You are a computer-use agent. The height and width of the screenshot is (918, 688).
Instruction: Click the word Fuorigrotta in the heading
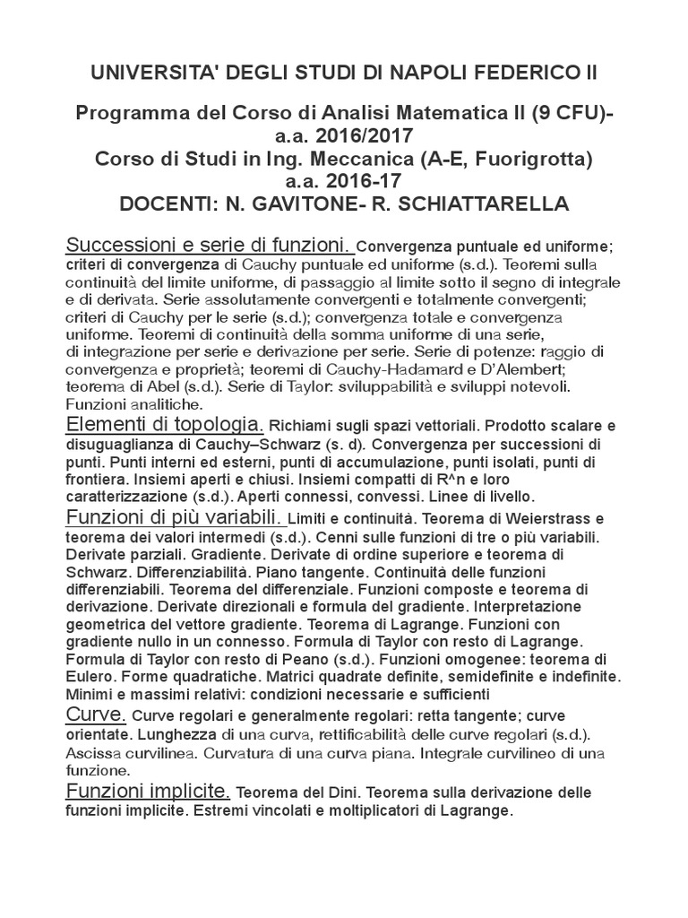point(526,159)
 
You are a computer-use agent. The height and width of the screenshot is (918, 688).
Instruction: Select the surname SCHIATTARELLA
point(480,204)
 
